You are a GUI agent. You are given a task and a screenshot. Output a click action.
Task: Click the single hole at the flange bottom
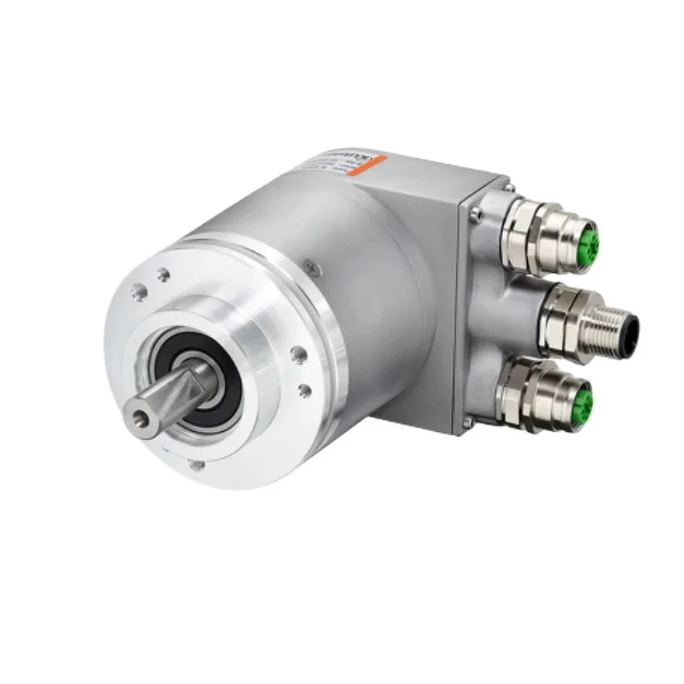click(x=196, y=466)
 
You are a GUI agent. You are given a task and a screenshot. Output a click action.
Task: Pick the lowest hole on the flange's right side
click(x=305, y=390)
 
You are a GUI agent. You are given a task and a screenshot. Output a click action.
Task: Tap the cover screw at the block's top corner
click(x=509, y=186)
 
